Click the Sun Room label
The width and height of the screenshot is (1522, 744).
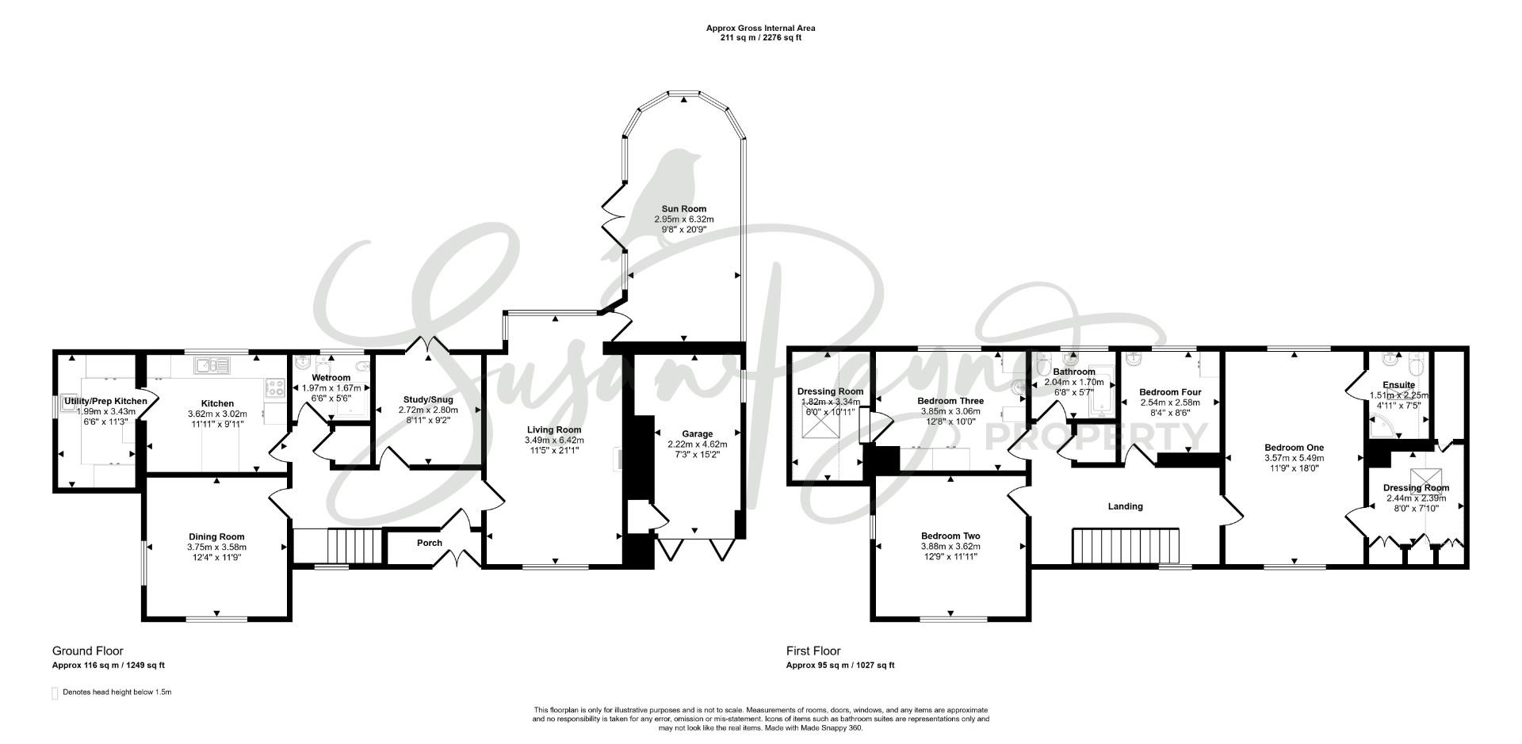680,209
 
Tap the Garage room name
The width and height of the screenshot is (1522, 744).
698,434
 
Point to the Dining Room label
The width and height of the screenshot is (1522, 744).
216,536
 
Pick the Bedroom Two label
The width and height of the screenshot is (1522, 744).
950,536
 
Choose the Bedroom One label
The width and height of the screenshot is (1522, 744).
1294,448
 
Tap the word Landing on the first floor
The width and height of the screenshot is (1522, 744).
1125,506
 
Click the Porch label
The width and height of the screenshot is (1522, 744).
430,543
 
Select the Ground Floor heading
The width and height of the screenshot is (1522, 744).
88,651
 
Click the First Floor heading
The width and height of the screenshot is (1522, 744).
813,651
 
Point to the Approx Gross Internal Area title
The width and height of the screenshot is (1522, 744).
760,29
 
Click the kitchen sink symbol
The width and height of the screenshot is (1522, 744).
212,365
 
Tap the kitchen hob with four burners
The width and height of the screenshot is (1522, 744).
274,387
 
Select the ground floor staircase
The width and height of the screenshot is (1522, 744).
355,546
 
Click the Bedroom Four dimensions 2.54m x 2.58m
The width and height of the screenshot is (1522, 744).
1170,402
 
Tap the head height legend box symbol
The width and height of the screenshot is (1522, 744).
55,693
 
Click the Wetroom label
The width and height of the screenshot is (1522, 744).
331,378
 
